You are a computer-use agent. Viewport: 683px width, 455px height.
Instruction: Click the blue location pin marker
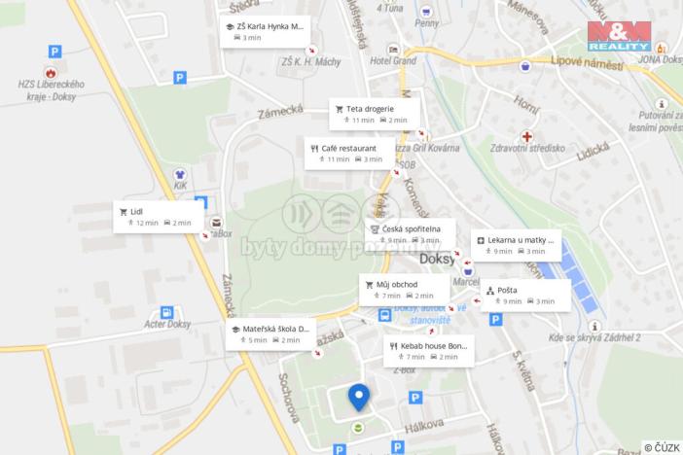pyautogui.click(x=359, y=398)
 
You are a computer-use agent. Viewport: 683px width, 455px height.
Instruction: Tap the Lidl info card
pyautogui.click(x=159, y=216)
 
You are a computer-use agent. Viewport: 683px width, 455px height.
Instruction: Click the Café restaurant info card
pyautogui.click(x=349, y=153)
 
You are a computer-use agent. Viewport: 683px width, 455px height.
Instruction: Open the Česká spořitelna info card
pyautogui.click(x=410, y=233)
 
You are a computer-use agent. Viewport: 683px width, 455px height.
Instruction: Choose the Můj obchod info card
pyautogui.click(x=404, y=289)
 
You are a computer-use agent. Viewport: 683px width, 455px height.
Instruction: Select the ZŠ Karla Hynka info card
pyautogui.click(x=265, y=31)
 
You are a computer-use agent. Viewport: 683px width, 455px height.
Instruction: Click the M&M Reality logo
pyautogui.click(x=619, y=36)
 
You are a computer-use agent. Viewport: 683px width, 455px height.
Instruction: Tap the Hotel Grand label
pyautogui.click(x=392, y=60)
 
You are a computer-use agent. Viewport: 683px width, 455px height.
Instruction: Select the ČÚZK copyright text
pyautogui.click(x=662, y=447)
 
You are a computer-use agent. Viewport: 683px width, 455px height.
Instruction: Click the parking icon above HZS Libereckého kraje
pyautogui.click(x=54, y=52)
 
